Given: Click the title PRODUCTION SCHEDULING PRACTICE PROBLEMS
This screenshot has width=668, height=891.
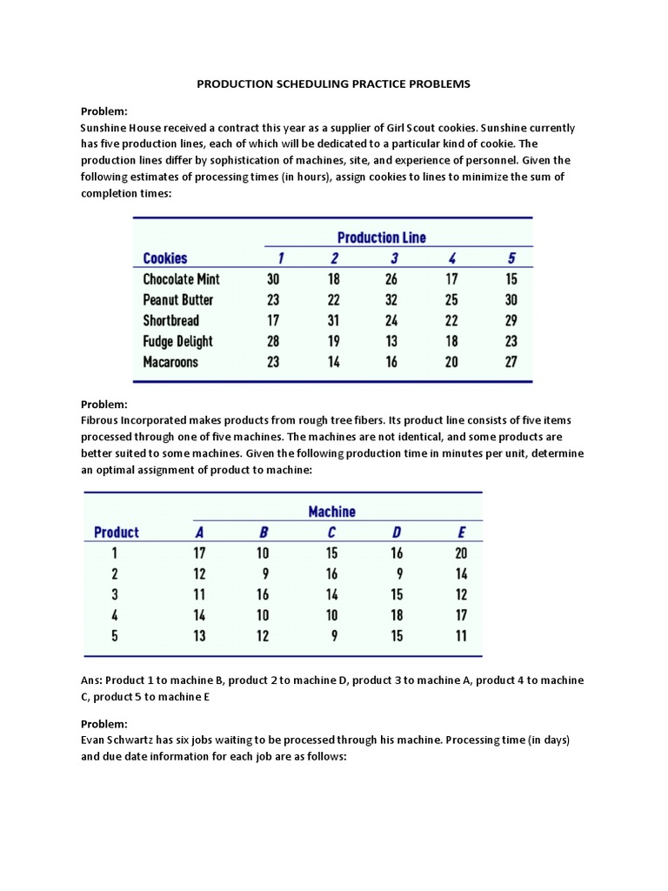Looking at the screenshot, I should point(333,84).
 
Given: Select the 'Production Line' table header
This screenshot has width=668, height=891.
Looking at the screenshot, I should point(381,237).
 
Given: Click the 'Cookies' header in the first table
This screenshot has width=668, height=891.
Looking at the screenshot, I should point(164,258).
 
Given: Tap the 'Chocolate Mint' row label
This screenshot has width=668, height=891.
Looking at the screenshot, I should point(181,279).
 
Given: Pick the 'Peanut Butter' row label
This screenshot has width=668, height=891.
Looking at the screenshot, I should point(177,300).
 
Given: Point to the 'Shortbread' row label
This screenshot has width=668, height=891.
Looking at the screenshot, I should point(170,320).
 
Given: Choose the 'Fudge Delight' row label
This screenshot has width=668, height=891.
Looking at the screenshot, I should point(177,341).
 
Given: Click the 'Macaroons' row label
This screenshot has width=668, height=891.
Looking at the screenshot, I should point(170,362).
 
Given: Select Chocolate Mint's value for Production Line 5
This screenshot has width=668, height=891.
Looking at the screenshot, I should point(511,279).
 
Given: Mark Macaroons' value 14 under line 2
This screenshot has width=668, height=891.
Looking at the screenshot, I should point(333,362).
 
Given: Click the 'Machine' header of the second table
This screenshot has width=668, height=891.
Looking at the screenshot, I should point(331,512).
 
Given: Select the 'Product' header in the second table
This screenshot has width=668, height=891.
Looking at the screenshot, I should point(116,533).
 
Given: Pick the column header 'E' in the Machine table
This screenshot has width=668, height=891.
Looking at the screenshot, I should point(461,533).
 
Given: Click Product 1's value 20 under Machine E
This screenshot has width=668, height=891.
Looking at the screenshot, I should point(461,553).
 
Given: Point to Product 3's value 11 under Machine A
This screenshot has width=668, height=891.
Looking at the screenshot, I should point(199,595).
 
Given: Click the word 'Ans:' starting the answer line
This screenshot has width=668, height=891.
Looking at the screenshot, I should point(92,680).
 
